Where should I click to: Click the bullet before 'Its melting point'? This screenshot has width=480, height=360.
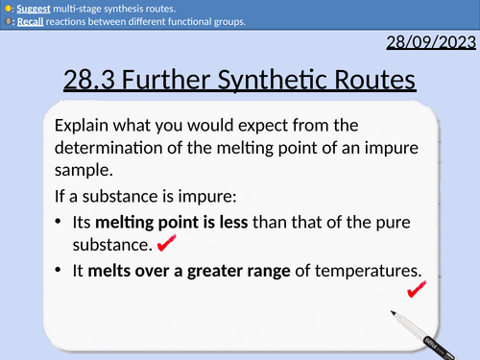click(x=60, y=223)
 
